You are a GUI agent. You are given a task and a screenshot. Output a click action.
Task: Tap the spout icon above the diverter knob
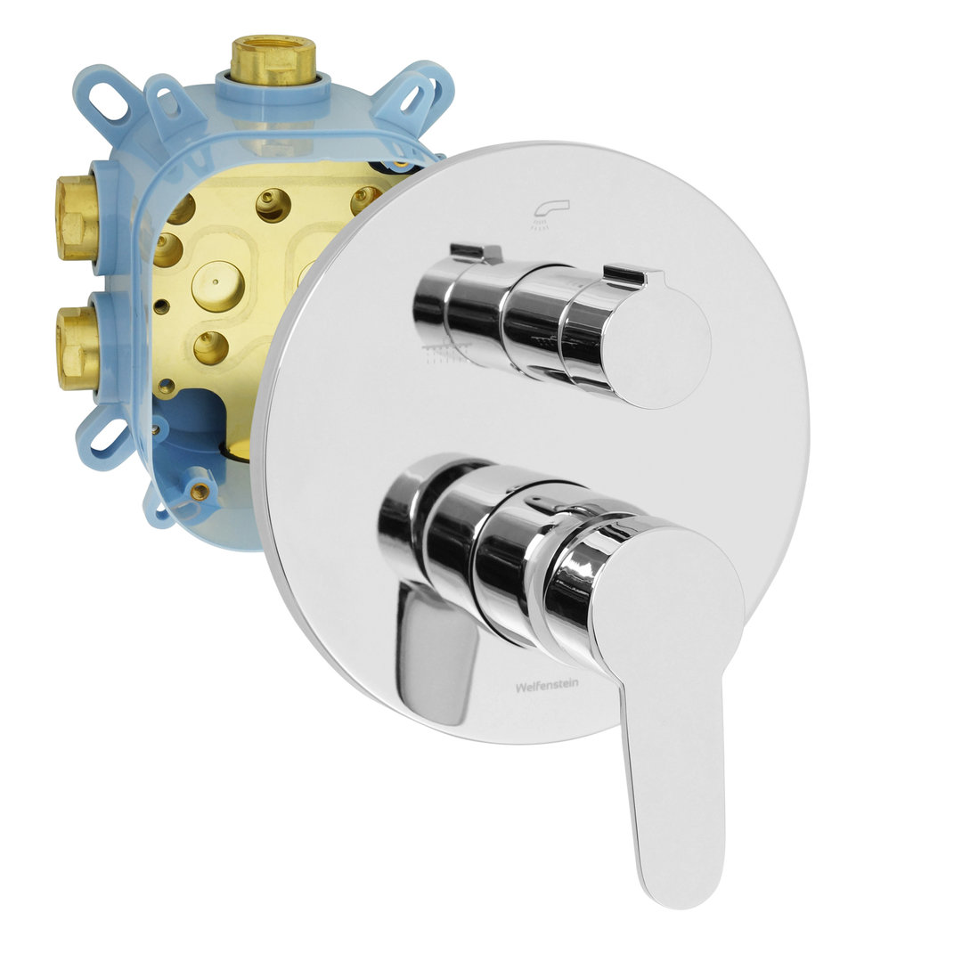(x=542, y=215)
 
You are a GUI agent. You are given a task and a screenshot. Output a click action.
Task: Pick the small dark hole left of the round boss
(x=162, y=306)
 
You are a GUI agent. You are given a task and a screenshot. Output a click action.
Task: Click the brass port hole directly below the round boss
(x=211, y=348)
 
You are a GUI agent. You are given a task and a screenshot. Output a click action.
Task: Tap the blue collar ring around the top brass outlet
(x=273, y=89)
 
